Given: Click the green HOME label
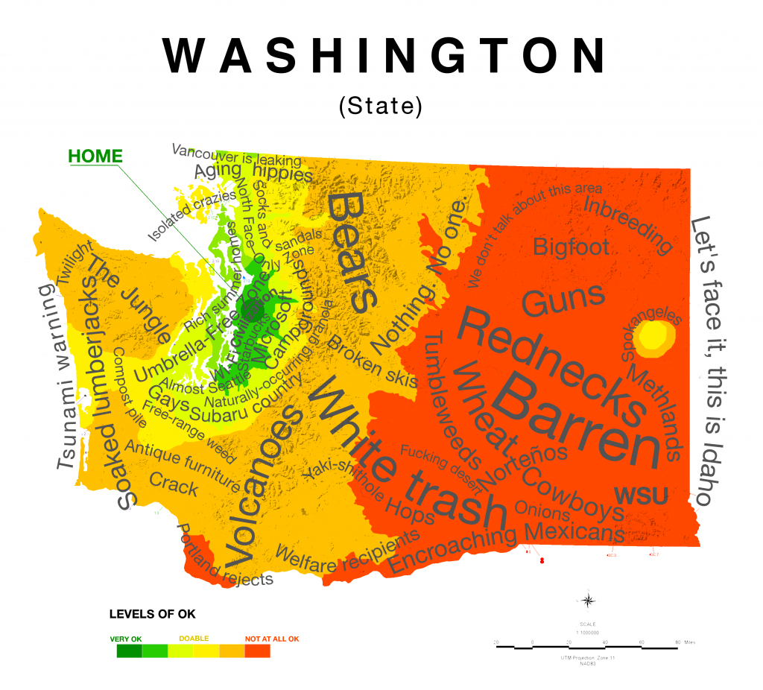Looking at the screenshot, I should pyautogui.click(x=95, y=156).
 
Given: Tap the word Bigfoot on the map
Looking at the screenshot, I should pyautogui.click(x=571, y=247).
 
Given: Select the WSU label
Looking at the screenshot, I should pyautogui.click(x=640, y=495).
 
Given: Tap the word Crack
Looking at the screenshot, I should pyautogui.click(x=174, y=485).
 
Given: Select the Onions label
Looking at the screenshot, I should pyautogui.click(x=543, y=512).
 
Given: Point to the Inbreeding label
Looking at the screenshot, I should pyautogui.click(x=628, y=223).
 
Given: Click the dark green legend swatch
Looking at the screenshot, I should pyautogui.click(x=129, y=651).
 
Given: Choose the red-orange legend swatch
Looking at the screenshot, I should pyautogui.click(x=257, y=651).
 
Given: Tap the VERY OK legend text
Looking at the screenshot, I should pyautogui.click(x=125, y=639).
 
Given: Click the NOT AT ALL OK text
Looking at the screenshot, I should pyautogui.click(x=272, y=639).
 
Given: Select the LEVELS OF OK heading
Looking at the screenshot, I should pyautogui.click(x=152, y=614).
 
